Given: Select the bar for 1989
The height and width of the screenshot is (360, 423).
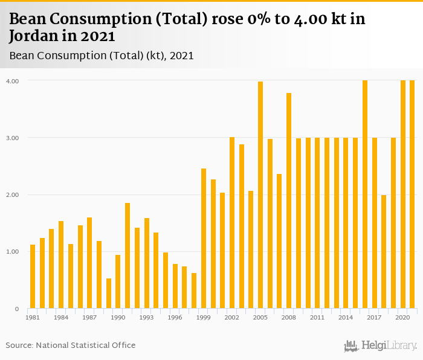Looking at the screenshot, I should pos(109,294).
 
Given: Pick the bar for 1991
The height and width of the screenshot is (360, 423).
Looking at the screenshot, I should pos(128,256).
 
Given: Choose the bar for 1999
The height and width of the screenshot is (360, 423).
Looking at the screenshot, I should pos(204,239).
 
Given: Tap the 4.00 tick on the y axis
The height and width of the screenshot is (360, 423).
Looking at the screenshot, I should pos(12,81).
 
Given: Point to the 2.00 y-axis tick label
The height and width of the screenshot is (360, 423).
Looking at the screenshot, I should pos(12,195).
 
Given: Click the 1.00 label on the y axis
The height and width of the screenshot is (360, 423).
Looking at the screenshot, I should pos(12,252).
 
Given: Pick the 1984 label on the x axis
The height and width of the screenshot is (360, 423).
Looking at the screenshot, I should pos(61,317).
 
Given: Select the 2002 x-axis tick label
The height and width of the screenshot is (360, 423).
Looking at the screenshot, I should pos(232,317).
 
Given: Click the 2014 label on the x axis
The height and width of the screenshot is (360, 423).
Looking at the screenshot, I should pos(346,317).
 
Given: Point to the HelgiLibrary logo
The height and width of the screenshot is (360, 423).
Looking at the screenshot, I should pos(381,346).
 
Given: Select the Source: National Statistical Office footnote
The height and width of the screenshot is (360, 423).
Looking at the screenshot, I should pos(71,346).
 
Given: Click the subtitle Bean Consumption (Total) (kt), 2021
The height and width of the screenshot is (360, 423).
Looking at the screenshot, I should pos(102,56).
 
